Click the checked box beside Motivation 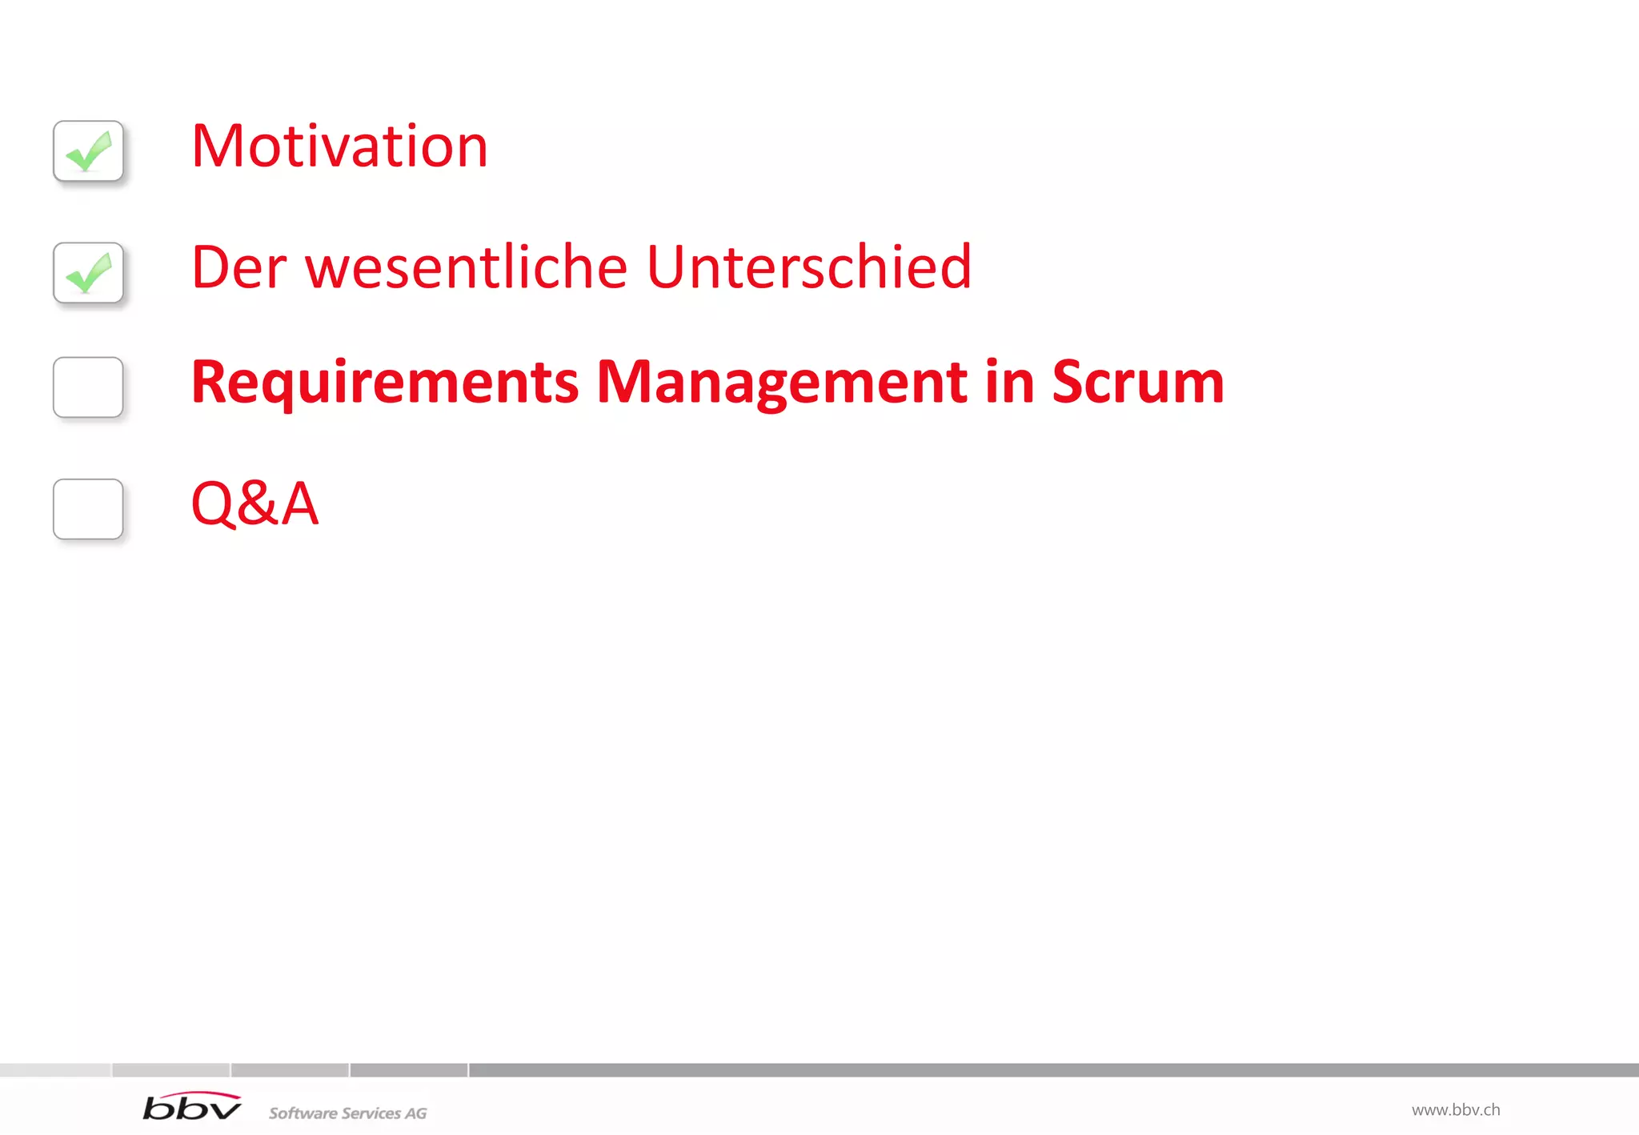click(x=88, y=150)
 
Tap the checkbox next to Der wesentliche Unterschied click(x=88, y=272)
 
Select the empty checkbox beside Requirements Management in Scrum click(x=88, y=387)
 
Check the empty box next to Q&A click(x=88, y=509)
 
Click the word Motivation click(x=339, y=146)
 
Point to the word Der click(x=238, y=267)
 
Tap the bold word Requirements click(x=385, y=383)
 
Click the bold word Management click(x=782, y=383)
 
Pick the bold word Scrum click(x=1137, y=383)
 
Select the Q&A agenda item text click(x=254, y=503)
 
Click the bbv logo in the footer click(x=192, y=1107)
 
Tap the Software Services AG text click(x=347, y=1113)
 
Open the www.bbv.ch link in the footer click(x=1455, y=1110)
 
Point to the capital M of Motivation click(x=217, y=146)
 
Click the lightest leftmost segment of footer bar click(x=54, y=1070)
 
